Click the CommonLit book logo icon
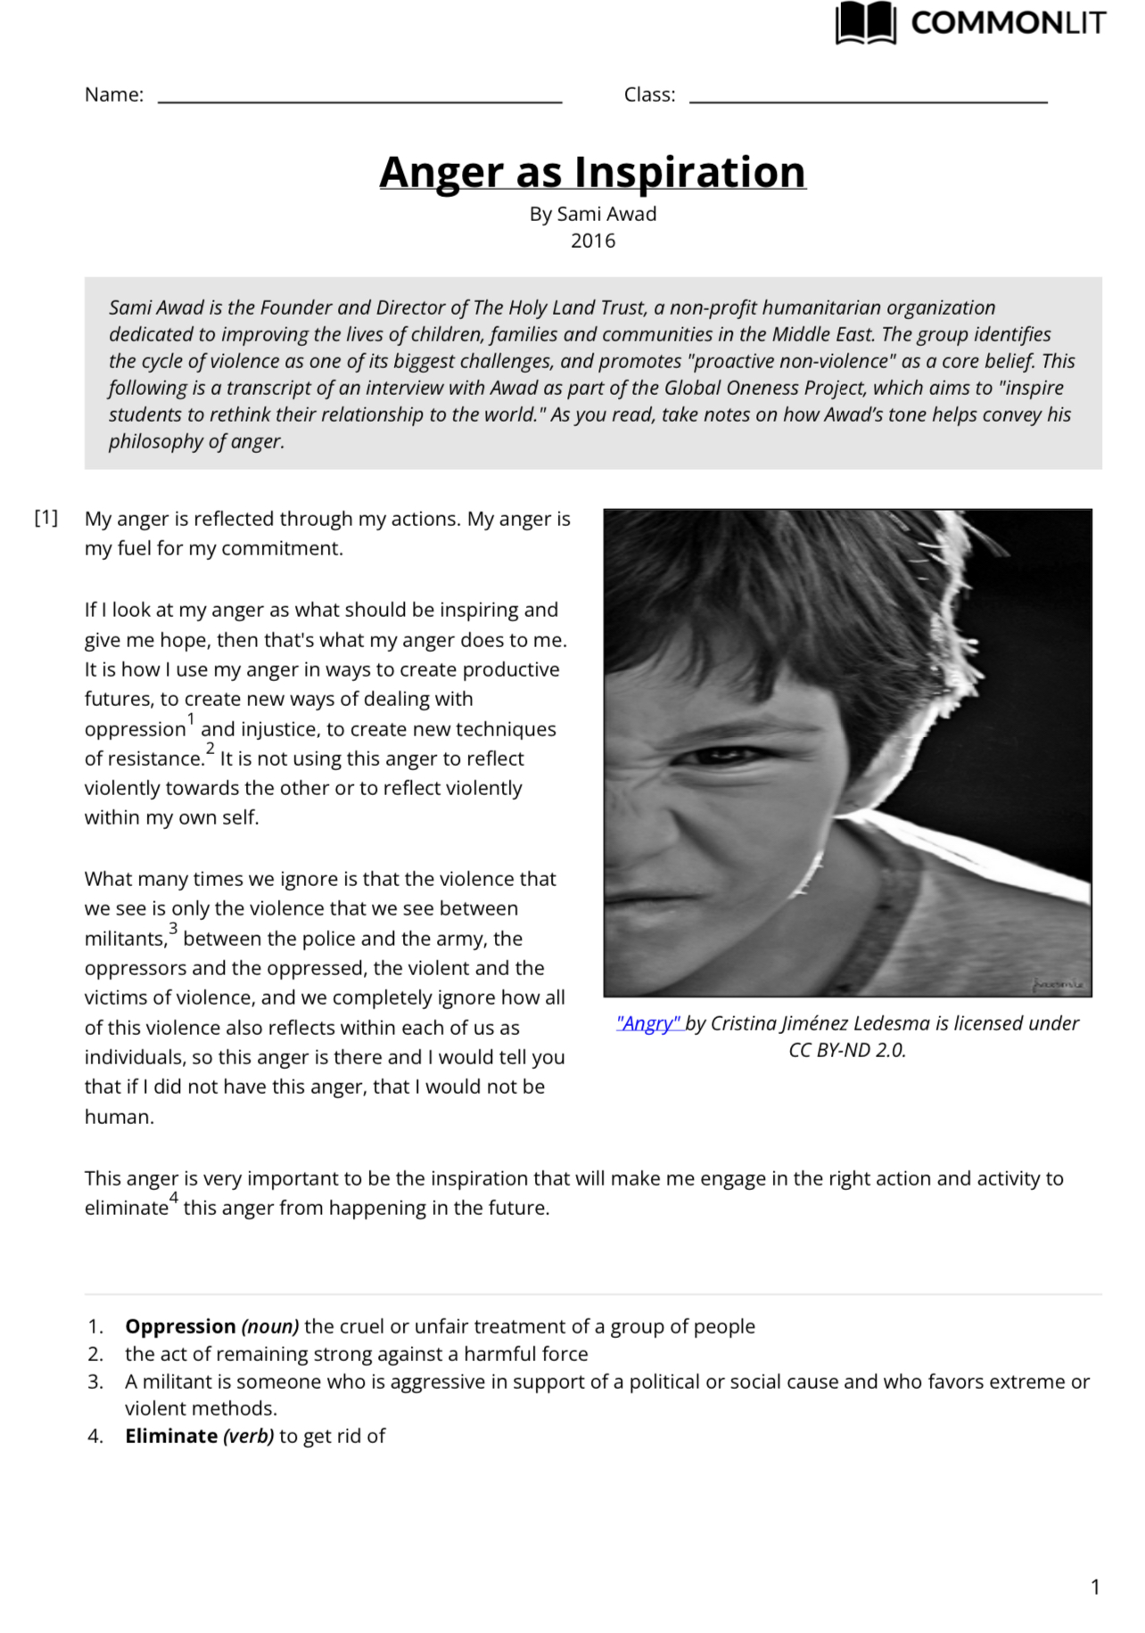865,22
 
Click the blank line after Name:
359,100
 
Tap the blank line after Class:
868,100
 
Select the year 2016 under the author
593,241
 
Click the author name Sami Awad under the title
606,214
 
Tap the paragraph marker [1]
46,518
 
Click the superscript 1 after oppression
191,718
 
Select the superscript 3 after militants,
173,928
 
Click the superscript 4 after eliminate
174,1197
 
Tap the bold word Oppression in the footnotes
180,1326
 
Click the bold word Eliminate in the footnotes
171,1436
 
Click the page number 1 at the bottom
1095,1587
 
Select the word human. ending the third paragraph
119,1117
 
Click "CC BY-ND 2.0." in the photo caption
847,1050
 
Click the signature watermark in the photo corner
1059,984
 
